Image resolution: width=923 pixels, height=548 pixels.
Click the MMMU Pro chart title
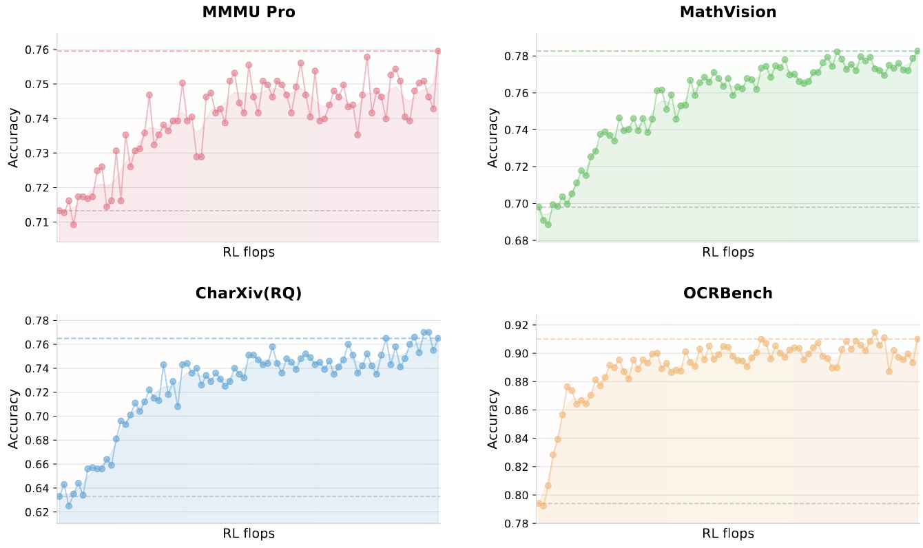point(248,12)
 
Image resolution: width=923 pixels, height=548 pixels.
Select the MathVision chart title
point(727,12)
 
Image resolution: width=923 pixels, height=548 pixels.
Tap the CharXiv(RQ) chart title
point(248,293)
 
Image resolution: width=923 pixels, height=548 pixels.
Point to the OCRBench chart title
point(727,293)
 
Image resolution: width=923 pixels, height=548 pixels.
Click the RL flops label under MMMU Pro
point(248,252)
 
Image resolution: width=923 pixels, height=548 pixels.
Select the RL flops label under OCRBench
point(727,534)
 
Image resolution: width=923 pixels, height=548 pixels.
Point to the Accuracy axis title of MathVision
point(492,137)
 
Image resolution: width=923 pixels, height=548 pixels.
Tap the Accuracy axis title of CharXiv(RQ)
point(13,419)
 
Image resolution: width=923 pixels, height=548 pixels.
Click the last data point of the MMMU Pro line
point(437,51)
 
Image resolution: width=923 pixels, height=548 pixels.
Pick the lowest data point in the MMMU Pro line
point(73,224)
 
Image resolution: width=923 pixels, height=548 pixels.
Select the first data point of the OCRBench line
point(539,503)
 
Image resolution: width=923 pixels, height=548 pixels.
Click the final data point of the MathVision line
point(917,51)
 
